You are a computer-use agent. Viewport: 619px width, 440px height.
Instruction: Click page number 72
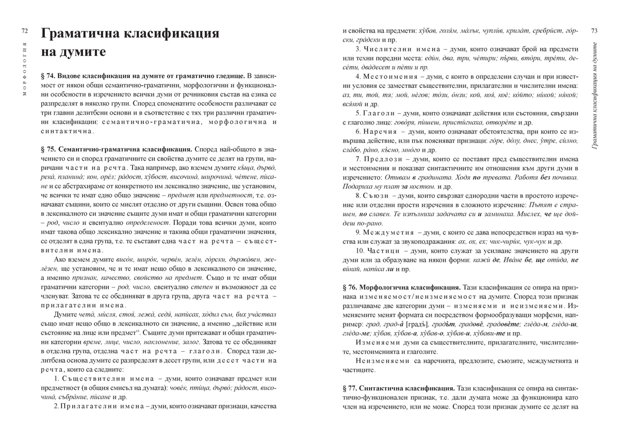click(x=24, y=31)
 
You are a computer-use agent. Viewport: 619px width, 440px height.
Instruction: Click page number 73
click(x=594, y=31)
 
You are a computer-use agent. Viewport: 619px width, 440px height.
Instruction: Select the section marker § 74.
click(x=48, y=76)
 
